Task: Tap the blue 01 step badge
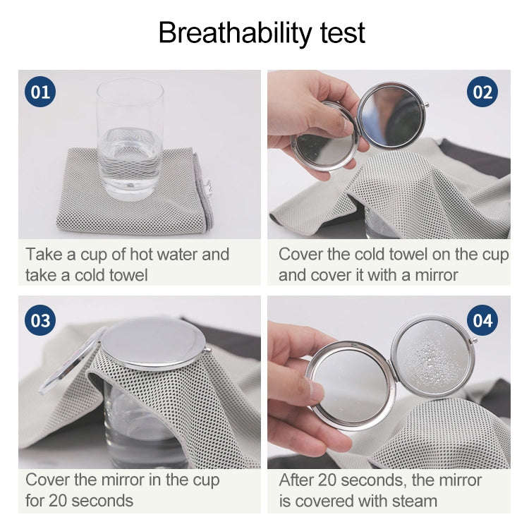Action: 41,92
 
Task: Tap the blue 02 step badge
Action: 482,92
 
